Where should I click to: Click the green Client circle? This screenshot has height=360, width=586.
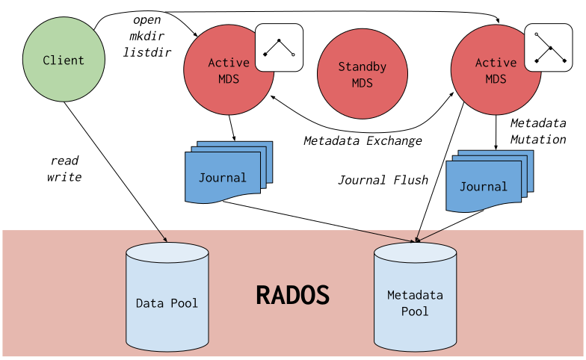pos(64,60)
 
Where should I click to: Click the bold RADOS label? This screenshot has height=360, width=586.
pos(292,295)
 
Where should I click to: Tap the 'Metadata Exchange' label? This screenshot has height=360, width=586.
pos(363,140)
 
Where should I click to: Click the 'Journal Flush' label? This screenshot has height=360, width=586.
pos(383,180)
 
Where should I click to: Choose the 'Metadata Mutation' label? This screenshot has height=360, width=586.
pos(538,131)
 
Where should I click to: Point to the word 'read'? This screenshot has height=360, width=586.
pos(64,161)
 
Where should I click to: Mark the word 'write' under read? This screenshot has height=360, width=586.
pos(64,178)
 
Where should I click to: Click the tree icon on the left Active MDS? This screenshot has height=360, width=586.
pos(279,48)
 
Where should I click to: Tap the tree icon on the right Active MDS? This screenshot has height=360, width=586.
pos(548,48)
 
